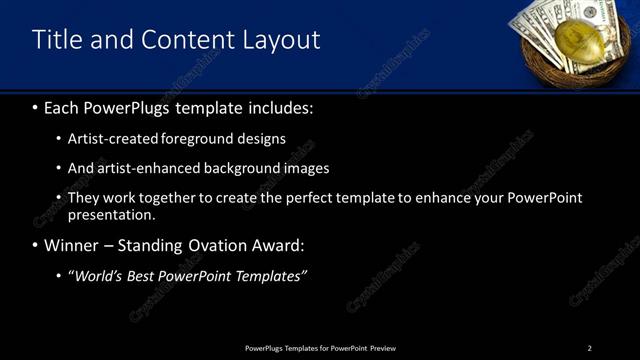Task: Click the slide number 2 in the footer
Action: click(589, 348)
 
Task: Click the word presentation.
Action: click(111, 214)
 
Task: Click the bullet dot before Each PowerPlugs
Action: click(36, 107)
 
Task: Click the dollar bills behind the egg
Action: click(545, 24)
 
